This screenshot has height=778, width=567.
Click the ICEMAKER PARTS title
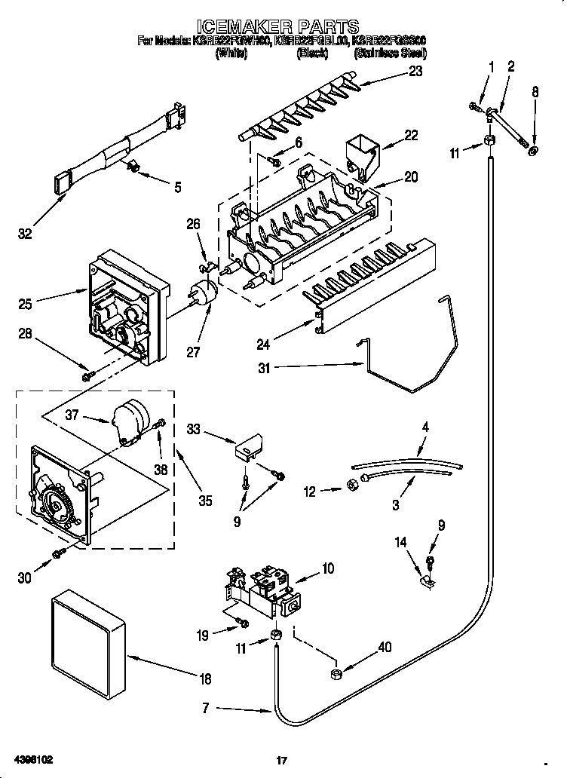click(x=283, y=28)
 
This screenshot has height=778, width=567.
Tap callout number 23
click(x=415, y=72)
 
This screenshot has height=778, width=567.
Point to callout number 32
click(x=25, y=234)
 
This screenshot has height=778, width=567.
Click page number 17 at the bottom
click(x=282, y=760)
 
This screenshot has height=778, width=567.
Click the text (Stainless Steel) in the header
click(x=391, y=54)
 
